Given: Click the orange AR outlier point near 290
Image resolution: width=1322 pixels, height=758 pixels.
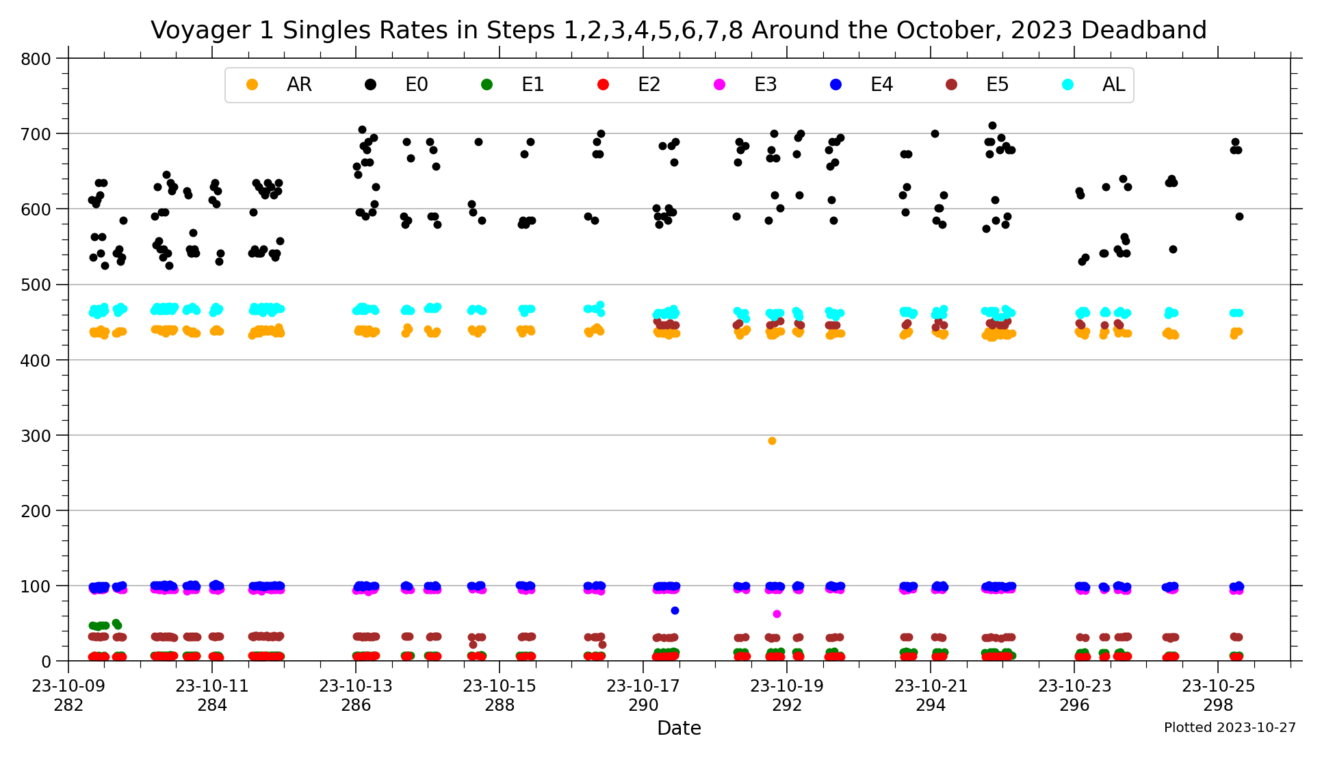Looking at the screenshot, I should [x=772, y=441].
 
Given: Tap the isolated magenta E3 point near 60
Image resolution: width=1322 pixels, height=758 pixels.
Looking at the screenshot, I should [x=777, y=614].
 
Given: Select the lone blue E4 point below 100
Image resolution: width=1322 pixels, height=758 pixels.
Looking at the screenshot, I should [x=675, y=610].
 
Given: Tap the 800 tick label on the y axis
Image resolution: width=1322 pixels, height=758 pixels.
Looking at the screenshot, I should [x=36, y=59].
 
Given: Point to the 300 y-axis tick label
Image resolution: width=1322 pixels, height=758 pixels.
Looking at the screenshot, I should [x=36, y=436].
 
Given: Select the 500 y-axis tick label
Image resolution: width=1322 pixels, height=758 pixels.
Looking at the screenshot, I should [x=36, y=285].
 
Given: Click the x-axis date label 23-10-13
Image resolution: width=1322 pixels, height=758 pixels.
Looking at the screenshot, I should [x=356, y=686].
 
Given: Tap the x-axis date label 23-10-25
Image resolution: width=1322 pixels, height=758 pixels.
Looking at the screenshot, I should [x=1218, y=686].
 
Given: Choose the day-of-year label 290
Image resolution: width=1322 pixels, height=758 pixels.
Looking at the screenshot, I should [x=643, y=705].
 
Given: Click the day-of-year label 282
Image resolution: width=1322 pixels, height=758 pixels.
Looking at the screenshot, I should [x=68, y=705].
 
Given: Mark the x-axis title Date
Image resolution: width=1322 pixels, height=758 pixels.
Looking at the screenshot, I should [x=679, y=729].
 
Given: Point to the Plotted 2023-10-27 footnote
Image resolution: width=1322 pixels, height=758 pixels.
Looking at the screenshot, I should [x=1230, y=728].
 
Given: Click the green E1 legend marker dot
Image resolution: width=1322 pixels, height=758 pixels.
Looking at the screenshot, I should [x=487, y=85].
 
